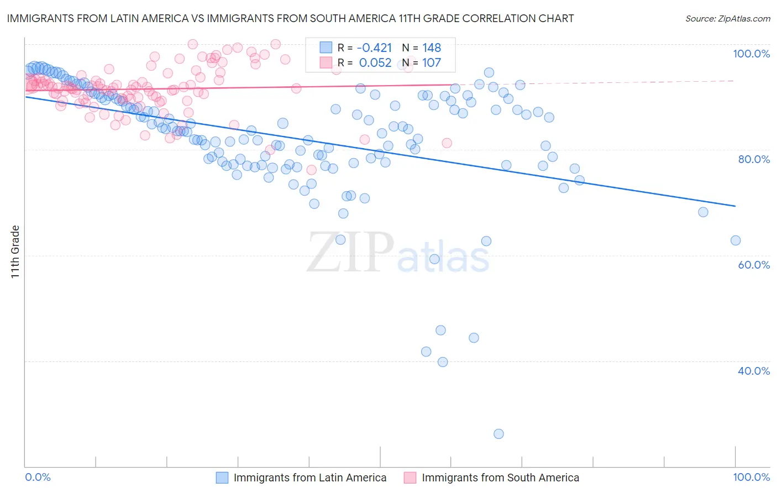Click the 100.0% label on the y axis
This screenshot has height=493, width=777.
tap(751, 54)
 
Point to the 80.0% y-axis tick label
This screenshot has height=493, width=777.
tap(754, 159)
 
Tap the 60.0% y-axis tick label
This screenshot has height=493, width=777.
tap(754, 265)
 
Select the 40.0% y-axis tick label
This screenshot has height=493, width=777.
tap(754, 371)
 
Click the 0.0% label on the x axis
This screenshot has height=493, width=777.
tap(38, 477)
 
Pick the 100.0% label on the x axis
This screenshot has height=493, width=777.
tap(751, 477)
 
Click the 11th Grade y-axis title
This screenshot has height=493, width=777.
tap(15, 251)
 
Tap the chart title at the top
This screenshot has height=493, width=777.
tap(290, 18)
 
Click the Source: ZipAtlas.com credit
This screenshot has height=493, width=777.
tap(727, 18)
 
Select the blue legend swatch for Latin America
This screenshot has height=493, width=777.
tap(222, 478)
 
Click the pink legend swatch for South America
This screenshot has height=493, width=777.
tap(410, 478)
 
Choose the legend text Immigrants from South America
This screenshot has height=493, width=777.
tap(500, 478)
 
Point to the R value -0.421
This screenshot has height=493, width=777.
tap(374, 48)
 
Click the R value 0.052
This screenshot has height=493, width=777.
tap(375, 62)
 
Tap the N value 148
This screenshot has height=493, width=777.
tap(432, 48)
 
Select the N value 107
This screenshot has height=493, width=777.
tap(432, 62)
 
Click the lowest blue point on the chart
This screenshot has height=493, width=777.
tap(498, 434)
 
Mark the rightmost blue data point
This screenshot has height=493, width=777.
tap(736, 240)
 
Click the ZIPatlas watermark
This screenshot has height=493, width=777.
tap(398, 253)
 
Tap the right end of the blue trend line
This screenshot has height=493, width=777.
tap(735, 206)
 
